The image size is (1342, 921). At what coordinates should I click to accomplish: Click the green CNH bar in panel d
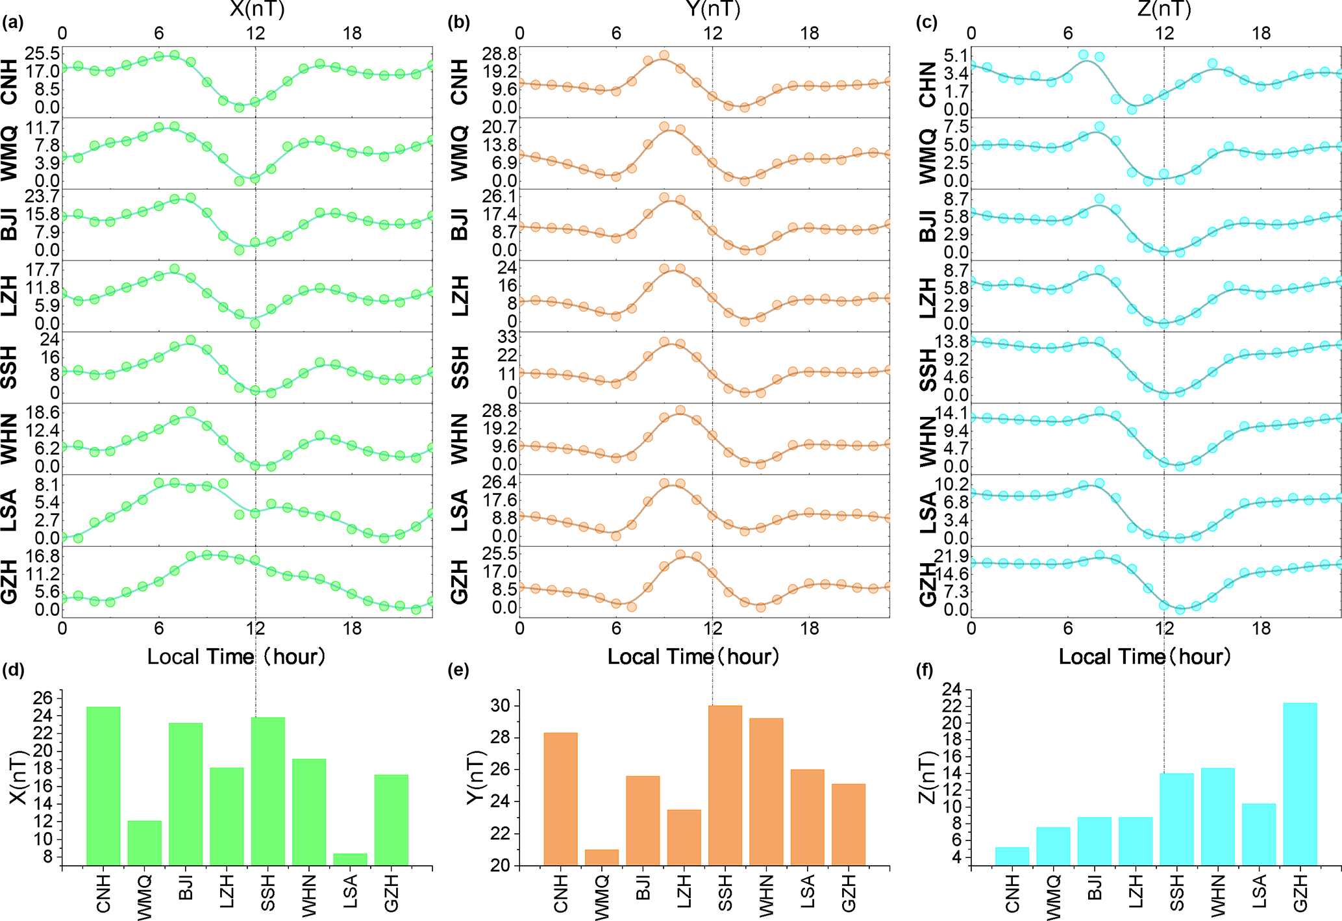[103, 786]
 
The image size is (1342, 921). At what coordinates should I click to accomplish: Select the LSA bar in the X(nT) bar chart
[350, 859]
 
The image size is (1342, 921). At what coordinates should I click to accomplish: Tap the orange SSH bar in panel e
[725, 785]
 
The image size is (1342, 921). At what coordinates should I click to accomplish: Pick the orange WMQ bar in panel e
[602, 857]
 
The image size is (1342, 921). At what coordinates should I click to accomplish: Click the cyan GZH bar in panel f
[1300, 783]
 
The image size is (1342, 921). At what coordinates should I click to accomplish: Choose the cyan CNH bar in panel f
[1012, 856]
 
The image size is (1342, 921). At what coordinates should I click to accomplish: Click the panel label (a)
[12, 23]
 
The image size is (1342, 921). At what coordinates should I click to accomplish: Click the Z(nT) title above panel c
[1164, 9]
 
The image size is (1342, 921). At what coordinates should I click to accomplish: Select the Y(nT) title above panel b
[712, 9]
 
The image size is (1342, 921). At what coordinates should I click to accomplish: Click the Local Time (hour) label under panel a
[236, 657]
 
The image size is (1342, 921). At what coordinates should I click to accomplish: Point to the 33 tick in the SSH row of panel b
[507, 337]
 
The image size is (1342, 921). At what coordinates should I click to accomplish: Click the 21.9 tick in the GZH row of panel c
[951, 556]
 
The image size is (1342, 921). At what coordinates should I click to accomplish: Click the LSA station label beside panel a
[9, 511]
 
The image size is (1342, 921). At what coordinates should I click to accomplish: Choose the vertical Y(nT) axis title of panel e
[477, 777]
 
